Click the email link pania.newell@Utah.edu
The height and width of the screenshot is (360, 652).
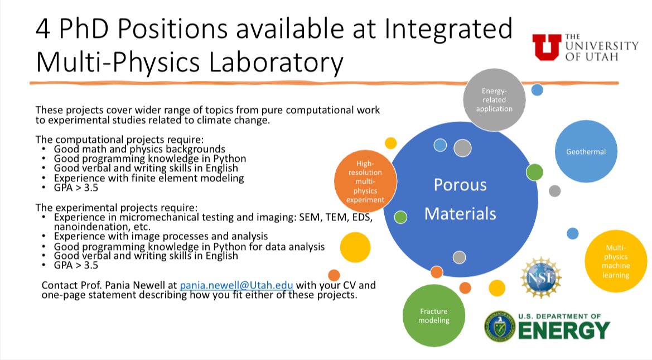tap(236, 285)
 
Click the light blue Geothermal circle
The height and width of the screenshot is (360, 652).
tap(586, 151)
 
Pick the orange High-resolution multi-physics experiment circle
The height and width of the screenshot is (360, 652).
tap(366, 180)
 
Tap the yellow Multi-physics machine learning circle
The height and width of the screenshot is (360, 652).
tap(615, 261)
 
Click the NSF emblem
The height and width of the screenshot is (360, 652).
tap(540, 277)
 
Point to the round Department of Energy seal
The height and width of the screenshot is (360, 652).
tap(499, 325)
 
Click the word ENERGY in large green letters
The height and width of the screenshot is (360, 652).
tap(564, 330)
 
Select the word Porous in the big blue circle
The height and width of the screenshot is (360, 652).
tap(460, 185)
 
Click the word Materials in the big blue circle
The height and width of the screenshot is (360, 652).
tap(460, 213)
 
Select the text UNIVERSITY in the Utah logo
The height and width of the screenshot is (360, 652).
tap(601, 46)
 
